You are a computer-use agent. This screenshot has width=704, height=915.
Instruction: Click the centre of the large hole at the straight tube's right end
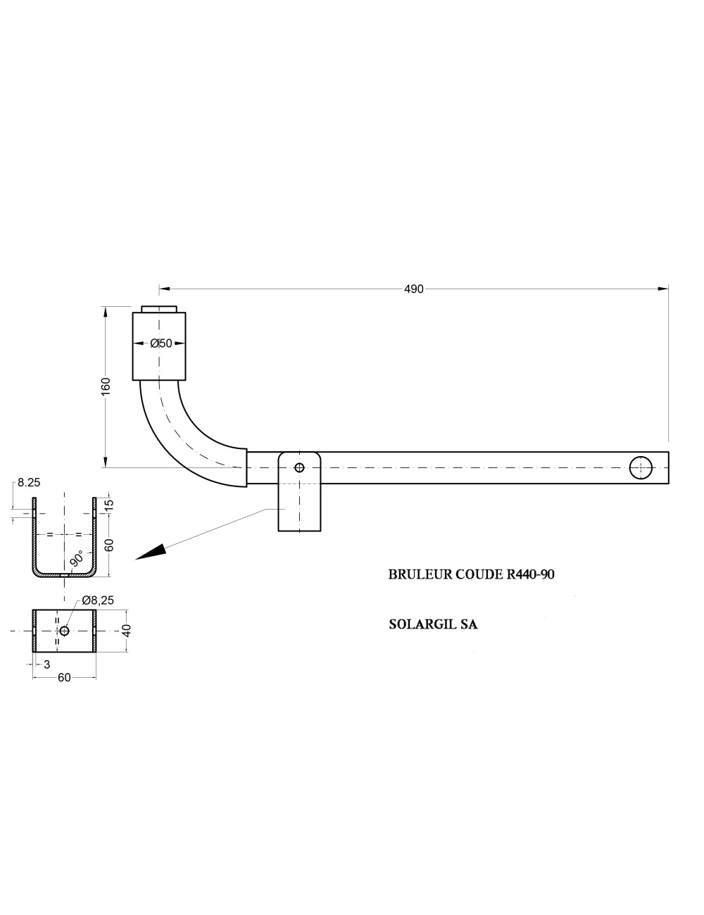pyautogui.click(x=640, y=467)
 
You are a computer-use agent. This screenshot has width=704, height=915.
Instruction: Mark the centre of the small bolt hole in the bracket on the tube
pyautogui.click(x=299, y=467)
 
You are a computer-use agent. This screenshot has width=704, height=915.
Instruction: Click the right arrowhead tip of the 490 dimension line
pyautogui.click(x=668, y=289)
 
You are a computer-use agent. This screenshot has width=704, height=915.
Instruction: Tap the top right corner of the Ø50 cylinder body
pyautogui.click(x=185, y=313)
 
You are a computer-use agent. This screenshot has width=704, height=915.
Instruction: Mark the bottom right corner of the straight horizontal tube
pyautogui.click(x=668, y=484)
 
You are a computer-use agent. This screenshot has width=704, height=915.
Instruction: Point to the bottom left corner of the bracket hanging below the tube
pyautogui.click(x=278, y=531)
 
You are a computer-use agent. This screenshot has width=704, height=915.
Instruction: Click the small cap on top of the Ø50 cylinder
pyautogui.click(x=158, y=310)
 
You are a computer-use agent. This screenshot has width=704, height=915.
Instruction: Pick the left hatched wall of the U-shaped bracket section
pyautogui.click(x=34, y=534)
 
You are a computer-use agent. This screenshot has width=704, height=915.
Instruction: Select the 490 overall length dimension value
pyautogui.click(x=413, y=289)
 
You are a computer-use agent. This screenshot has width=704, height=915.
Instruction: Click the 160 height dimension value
pyautogui.click(x=106, y=386)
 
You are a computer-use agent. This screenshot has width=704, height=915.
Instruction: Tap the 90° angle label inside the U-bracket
pyautogui.click(x=77, y=559)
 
